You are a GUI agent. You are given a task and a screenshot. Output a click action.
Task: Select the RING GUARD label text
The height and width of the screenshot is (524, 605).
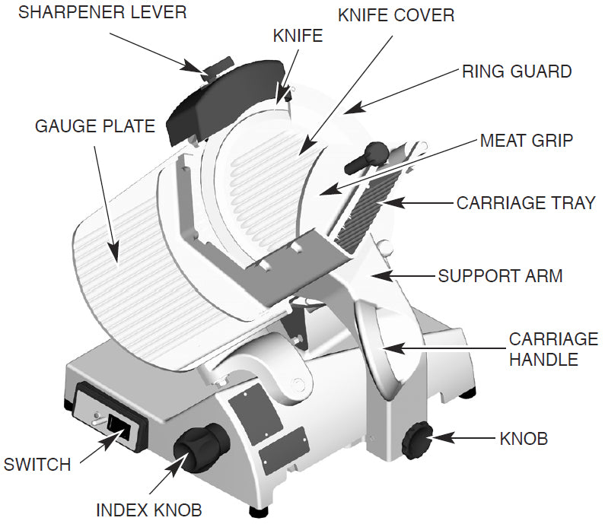[517, 71]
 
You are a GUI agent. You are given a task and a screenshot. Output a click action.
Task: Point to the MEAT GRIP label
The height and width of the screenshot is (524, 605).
[526, 141]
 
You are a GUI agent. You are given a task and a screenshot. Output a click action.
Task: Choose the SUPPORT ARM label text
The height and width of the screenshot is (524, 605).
[500, 275]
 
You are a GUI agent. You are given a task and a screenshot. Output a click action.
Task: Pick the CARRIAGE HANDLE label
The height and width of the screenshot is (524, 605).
[553, 349]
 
